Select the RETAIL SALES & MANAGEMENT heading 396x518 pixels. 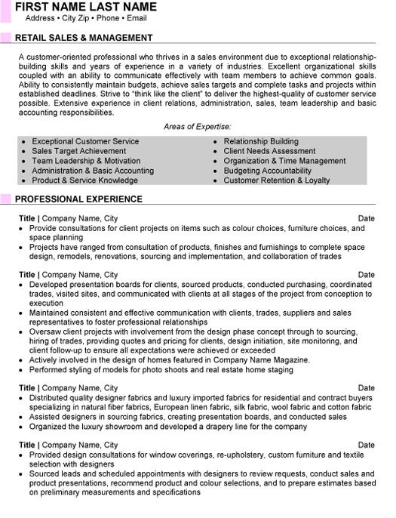[84, 37]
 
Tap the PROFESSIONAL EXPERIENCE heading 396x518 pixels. [79, 199]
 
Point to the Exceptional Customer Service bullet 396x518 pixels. [85, 141]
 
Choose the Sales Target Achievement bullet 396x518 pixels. [80, 151]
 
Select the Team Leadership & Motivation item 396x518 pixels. [87, 161]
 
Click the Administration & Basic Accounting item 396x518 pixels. [93, 171]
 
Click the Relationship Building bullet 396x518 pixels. [261, 141]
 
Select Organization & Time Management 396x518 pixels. [284, 161]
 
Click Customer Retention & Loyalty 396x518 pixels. [277, 180]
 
